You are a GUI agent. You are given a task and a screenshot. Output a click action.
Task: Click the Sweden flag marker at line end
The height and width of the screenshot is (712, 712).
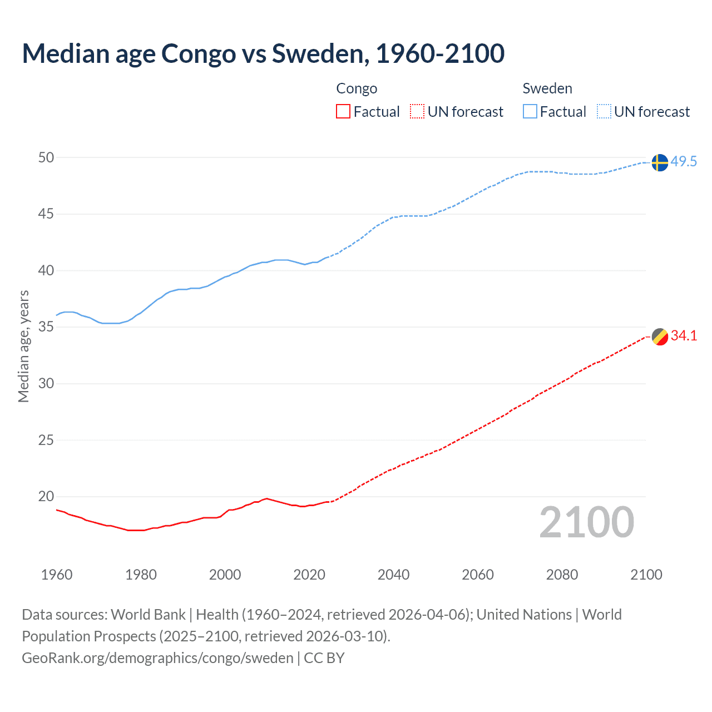[659, 162]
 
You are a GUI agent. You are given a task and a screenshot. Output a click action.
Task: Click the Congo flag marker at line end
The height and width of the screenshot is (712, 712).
[660, 337]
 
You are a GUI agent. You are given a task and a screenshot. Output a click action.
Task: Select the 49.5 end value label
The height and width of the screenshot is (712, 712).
[684, 162]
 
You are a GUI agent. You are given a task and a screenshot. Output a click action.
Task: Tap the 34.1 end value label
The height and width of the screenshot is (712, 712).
[684, 335]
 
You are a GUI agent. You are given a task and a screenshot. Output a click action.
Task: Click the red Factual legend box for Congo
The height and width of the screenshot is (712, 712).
[343, 112]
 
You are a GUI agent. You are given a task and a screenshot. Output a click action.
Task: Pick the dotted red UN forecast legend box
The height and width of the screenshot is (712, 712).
[417, 112]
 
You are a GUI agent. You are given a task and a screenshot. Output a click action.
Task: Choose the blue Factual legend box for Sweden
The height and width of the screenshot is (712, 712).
[530, 112]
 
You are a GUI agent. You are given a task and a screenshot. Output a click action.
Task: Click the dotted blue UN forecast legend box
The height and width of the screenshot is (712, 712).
[604, 112]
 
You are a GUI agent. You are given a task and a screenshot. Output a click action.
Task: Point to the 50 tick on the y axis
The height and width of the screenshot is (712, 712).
[46, 157]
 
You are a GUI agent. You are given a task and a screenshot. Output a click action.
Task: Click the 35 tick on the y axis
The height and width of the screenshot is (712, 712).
[46, 327]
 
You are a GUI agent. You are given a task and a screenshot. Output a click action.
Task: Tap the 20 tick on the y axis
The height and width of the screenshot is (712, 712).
[46, 496]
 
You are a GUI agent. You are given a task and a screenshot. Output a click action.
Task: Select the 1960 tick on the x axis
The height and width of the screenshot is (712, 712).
[57, 575]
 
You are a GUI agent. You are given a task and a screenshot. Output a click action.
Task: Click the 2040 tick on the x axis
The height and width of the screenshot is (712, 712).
[393, 575]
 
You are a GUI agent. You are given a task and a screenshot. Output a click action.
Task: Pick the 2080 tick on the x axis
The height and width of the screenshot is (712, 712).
[562, 575]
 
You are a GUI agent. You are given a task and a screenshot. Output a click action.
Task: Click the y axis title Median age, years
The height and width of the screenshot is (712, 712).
[23, 346]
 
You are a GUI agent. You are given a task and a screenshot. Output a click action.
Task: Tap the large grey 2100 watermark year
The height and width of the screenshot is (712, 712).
[586, 522]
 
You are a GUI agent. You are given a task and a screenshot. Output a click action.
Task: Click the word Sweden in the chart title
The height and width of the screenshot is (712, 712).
[317, 53]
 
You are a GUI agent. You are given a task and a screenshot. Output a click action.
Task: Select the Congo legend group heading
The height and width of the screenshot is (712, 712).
[357, 88]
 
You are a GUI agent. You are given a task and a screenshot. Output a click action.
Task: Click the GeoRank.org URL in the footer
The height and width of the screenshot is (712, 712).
[157, 658]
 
